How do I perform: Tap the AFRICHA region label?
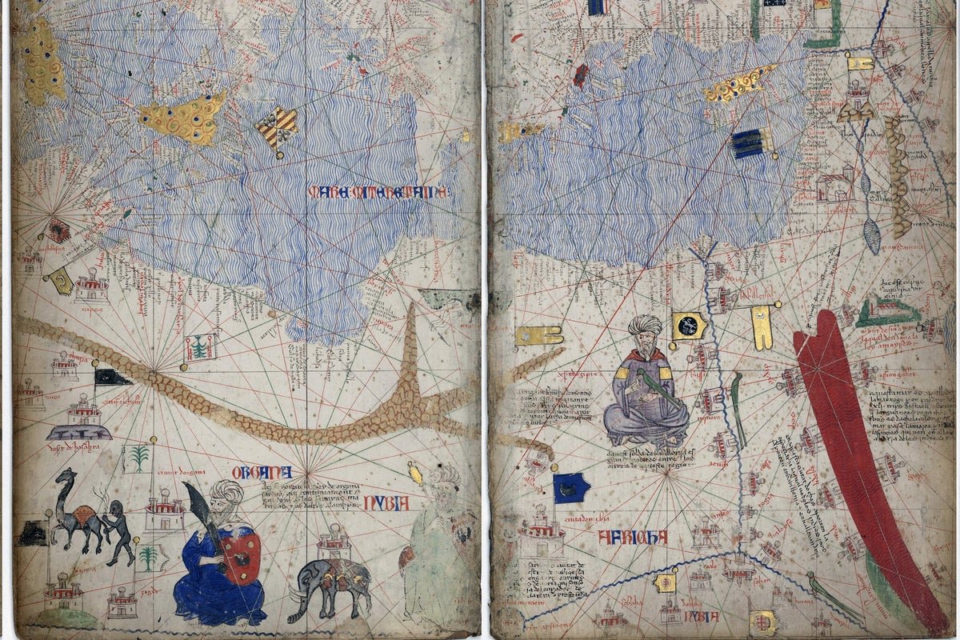click(632, 537)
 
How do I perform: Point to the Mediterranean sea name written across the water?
click(378, 192)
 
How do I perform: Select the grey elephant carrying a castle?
click(330, 582)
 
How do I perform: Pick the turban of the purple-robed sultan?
click(645, 326)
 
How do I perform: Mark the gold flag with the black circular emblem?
click(688, 325)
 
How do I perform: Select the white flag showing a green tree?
click(200, 347)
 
